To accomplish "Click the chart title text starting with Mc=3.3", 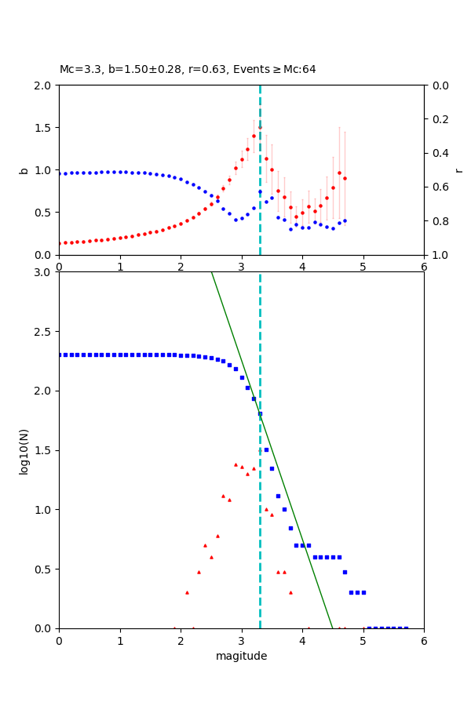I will pos(188,70).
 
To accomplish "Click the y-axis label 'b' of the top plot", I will pos(24,169).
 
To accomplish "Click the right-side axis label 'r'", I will pos(458,169).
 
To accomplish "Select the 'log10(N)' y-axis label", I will pos(24,450).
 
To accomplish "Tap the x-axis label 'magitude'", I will pos(241,657).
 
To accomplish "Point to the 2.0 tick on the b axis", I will pos(44,86).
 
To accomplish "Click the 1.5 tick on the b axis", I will pos(44,128).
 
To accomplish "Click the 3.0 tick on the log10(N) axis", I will pos(44,272).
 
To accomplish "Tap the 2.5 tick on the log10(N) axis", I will pos(44,332).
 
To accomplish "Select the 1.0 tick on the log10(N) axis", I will pos(44,510).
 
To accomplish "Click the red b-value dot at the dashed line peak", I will pos(260,128).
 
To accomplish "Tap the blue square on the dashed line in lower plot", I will pos(260,413).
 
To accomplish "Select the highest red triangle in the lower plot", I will pos(235,464).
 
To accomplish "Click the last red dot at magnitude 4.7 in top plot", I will pos(345,178).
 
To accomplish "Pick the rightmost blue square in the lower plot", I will pos(406,628).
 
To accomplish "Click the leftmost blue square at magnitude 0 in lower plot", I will pos(60,355).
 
